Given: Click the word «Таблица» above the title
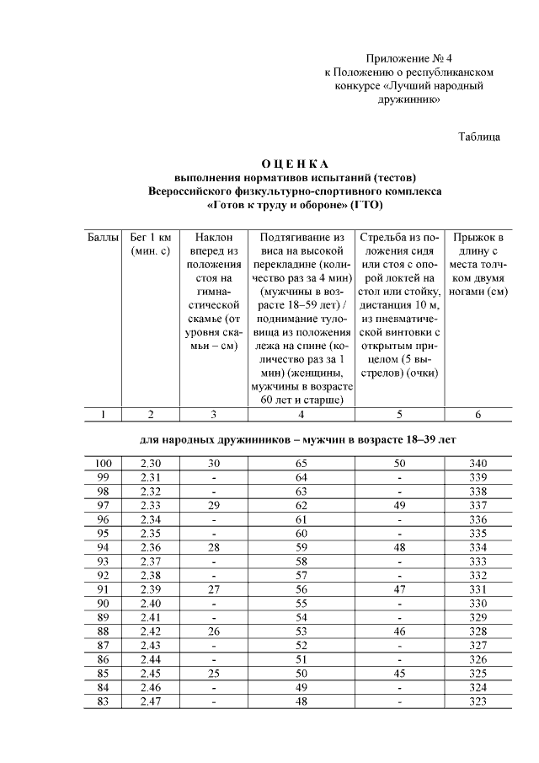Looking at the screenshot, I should coord(480,136).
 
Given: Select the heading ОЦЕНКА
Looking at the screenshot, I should coord(294,163).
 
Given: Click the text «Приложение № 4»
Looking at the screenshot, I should coord(408,58).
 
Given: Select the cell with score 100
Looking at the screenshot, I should coord(103,464).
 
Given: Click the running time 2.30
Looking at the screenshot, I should coord(151,464).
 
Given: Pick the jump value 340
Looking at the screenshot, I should coord(478,464).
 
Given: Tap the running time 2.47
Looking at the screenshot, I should coord(151,701).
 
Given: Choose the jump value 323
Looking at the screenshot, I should coord(478,701).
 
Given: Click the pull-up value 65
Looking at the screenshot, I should coord(301,464).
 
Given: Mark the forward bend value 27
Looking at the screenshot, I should coord(213,589).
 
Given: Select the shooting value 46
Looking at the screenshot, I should coord(399,631).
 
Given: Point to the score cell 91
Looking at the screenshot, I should coord(103,589).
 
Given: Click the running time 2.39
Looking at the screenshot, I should coord(151,589).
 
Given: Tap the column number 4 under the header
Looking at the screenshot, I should coord(301,414).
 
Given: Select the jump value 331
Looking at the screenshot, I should coord(478,589).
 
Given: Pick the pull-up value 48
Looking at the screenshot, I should coord(301,701).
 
